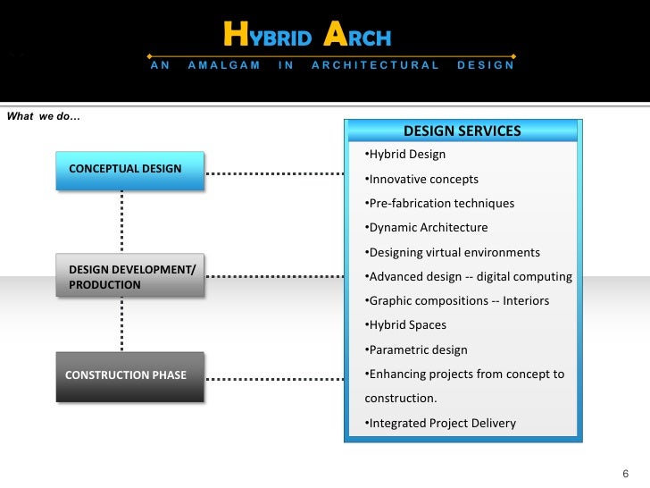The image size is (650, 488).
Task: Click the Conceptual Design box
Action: (x=129, y=170)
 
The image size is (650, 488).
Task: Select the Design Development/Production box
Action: (x=129, y=276)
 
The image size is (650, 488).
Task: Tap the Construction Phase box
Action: (x=129, y=375)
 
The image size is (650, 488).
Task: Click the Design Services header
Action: (x=462, y=131)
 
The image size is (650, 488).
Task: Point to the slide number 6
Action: (x=625, y=473)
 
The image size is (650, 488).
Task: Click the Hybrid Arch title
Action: (x=307, y=37)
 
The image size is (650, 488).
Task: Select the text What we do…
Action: (x=44, y=115)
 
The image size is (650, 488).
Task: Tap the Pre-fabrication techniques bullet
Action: (x=440, y=203)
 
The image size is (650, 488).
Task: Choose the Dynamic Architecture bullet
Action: (x=427, y=228)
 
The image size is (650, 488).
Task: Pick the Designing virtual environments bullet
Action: (x=453, y=252)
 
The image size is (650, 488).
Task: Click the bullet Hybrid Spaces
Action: (x=406, y=325)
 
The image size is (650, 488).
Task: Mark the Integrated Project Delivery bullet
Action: (x=440, y=423)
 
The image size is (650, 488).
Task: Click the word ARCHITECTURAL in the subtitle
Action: (x=375, y=65)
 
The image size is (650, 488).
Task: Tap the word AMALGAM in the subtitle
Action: (x=224, y=65)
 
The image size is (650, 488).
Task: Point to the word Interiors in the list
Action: (x=526, y=301)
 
